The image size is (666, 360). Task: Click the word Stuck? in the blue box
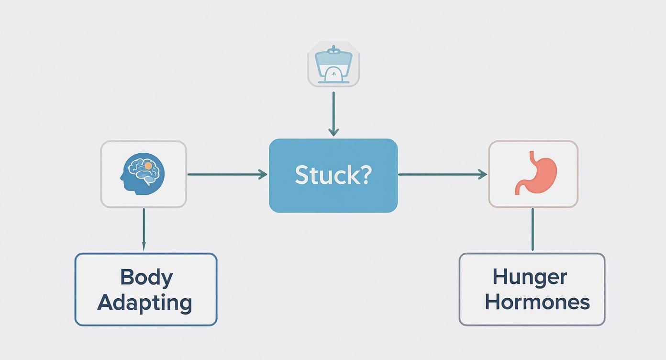(333, 175)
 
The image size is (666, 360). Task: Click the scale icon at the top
(333, 64)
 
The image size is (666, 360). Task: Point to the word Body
(146, 278)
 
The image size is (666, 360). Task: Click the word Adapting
(145, 303)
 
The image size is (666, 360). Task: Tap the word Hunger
(530, 277)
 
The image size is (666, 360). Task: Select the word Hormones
(537, 302)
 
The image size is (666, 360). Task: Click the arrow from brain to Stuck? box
(227, 175)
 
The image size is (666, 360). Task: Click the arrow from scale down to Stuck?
(333, 112)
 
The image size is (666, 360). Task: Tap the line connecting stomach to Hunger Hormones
(533, 229)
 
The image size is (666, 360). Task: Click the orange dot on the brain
(148, 166)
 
